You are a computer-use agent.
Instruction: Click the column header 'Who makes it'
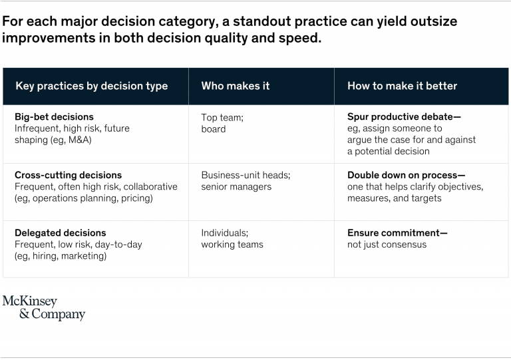[236, 86]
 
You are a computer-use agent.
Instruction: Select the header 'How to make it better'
[402, 86]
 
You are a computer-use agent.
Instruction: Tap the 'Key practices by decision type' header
[92, 87]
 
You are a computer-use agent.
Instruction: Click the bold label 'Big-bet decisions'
[54, 117]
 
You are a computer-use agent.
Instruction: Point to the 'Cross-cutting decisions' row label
[68, 175]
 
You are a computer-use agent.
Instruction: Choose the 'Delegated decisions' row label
[61, 233]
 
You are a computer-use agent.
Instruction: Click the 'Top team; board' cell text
[222, 123]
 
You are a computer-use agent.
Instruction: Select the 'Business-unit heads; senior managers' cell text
[246, 181]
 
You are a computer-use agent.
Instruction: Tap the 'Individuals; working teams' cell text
[232, 239]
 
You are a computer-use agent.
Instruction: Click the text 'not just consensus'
[387, 245]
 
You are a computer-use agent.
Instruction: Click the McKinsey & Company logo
[44, 308]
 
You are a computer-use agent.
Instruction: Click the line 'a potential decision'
[389, 152]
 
